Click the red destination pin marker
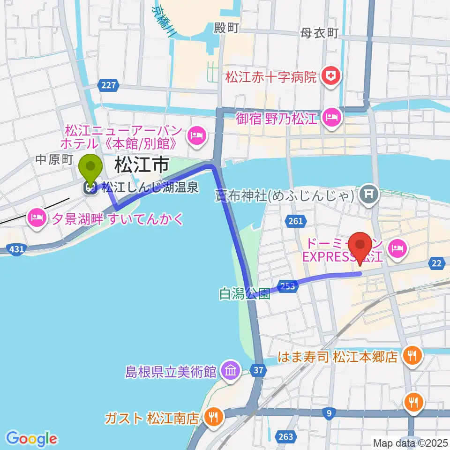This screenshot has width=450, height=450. pyautogui.click(x=360, y=248)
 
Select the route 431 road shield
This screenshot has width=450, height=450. pyautogui.click(x=16, y=250)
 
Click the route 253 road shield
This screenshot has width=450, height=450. pyautogui.click(x=288, y=285)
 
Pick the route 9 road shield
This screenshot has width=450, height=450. pyautogui.click(x=329, y=412)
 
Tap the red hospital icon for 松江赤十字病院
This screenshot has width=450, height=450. pyautogui.click(x=331, y=76)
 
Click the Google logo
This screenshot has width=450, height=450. pyautogui.click(x=32, y=439)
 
